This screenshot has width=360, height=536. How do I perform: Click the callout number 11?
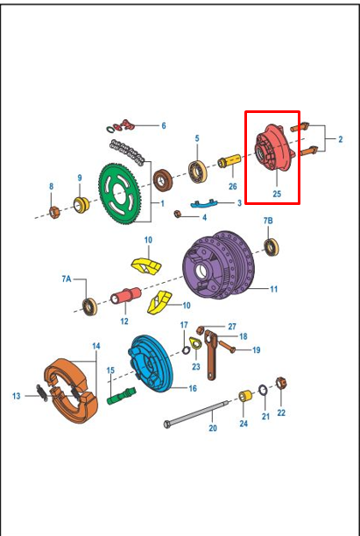(x=274, y=288)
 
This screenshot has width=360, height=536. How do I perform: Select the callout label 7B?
(x=268, y=219)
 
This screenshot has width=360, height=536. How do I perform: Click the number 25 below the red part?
(x=277, y=194)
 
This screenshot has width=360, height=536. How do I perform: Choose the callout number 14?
(x=95, y=346)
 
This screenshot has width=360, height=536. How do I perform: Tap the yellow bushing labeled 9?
(x=81, y=207)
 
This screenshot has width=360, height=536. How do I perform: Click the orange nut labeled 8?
(x=53, y=211)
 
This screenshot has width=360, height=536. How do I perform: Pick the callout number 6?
(x=163, y=125)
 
